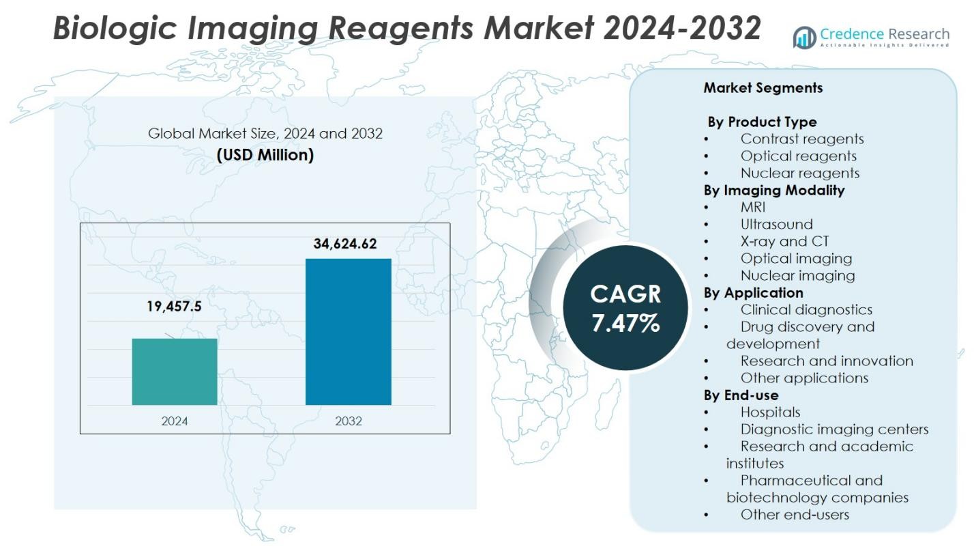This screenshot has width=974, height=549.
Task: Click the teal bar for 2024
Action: tap(175, 371)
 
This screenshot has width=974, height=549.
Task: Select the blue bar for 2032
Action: tap(348, 331)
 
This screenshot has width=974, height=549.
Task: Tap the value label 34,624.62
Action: tap(345, 244)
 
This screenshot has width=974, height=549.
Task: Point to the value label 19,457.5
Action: tap(174, 307)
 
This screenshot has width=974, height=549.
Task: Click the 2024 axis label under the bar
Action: tap(175, 421)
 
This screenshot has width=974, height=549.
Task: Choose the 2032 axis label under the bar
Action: tap(348, 421)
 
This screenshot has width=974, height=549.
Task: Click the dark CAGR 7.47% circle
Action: tap(625, 308)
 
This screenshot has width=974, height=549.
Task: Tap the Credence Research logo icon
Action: tap(804, 38)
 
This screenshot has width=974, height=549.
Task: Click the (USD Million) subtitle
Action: tap(265, 155)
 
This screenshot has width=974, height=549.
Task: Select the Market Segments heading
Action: tap(763, 88)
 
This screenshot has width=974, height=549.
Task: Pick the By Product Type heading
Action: tap(762, 122)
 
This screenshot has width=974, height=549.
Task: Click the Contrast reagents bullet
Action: tap(802, 139)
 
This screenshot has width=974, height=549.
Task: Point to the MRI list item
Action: tap(753, 208)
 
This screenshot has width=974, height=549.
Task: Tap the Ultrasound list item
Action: tap(776, 225)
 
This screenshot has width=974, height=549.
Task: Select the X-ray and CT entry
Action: tap(784, 242)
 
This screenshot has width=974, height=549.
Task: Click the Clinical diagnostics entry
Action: tap(806, 310)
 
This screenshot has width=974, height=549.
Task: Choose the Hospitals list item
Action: tap(770, 412)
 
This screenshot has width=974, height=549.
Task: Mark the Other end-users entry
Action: tap(795, 515)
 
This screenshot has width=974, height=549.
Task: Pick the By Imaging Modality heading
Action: tap(774, 191)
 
